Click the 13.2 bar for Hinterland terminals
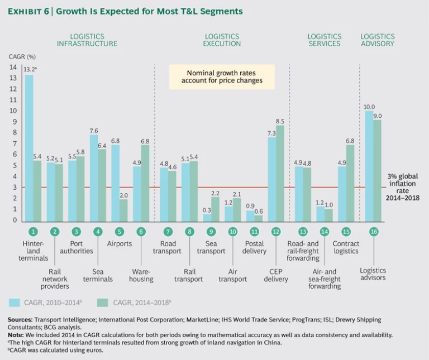click(x=29, y=148)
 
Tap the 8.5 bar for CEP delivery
click(x=280, y=173)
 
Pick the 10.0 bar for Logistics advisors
click(x=369, y=165)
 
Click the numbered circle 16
click(x=373, y=231)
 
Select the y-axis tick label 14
click(x=13, y=67)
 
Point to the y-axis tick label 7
click(x=15, y=143)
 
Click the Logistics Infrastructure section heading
click(x=87, y=40)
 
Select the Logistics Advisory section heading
click(x=377, y=40)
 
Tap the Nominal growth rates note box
click(x=222, y=76)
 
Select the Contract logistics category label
click(x=346, y=247)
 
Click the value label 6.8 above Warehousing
click(x=145, y=140)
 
